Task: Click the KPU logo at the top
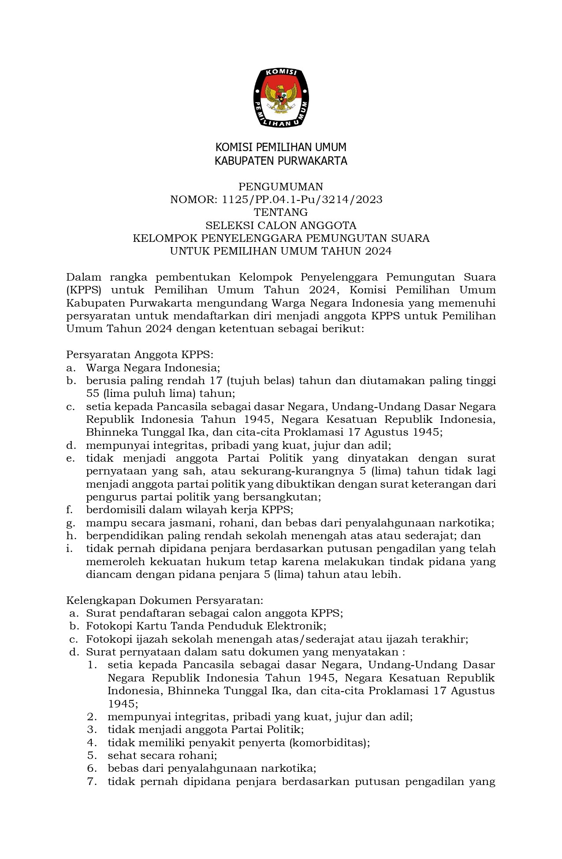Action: [281, 98]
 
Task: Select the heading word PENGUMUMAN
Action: [281, 187]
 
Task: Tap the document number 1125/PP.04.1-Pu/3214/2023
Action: [302, 200]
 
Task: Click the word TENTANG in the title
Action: [281, 212]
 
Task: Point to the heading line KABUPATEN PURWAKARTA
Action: [281, 161]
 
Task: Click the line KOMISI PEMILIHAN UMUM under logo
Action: [281, 147]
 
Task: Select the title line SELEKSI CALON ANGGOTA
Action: [281, 226]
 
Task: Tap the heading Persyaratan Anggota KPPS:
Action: [140, 355]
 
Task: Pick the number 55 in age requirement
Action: [93, 393]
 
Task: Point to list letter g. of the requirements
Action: [71, 523]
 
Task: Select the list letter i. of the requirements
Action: [70, 549]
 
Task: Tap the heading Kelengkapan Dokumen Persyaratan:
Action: [165, 600]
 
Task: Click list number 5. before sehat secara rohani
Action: [92, 755]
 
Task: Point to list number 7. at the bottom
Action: [92, 781]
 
